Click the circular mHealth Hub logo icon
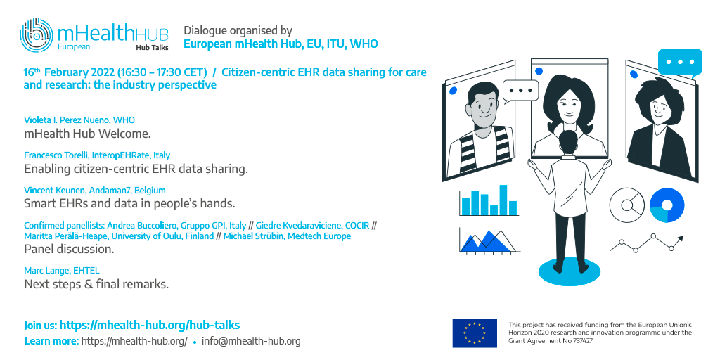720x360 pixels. [37, 35]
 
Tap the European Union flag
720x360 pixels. [475, 333]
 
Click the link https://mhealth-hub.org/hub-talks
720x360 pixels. [150, 325]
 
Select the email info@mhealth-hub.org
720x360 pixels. [251, 341]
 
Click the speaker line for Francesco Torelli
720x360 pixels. [97, 155]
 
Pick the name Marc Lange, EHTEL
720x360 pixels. [62, 271]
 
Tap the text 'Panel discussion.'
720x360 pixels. [69, 250]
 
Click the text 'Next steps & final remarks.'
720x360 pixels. [96, 284]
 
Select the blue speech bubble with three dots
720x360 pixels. [680, 63]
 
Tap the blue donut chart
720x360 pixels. [667, 205]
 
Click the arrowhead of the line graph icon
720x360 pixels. [681, 238]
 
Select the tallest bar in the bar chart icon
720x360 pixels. [503, 200]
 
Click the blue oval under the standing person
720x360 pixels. [570, 272]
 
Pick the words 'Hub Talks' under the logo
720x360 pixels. [152, 47]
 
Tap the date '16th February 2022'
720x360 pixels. [69, 72]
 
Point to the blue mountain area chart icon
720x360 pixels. [486, 243]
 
